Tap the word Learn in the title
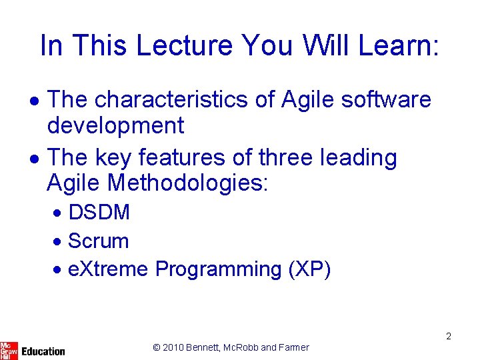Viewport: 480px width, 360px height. click(x=399, y=45)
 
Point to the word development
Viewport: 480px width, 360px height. click(x=115, y=125)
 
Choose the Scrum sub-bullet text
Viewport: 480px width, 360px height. click(x=98, y=241)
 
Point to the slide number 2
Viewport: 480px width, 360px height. click(x=449, y=336)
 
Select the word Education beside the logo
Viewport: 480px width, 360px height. click(x=43, y=351)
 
